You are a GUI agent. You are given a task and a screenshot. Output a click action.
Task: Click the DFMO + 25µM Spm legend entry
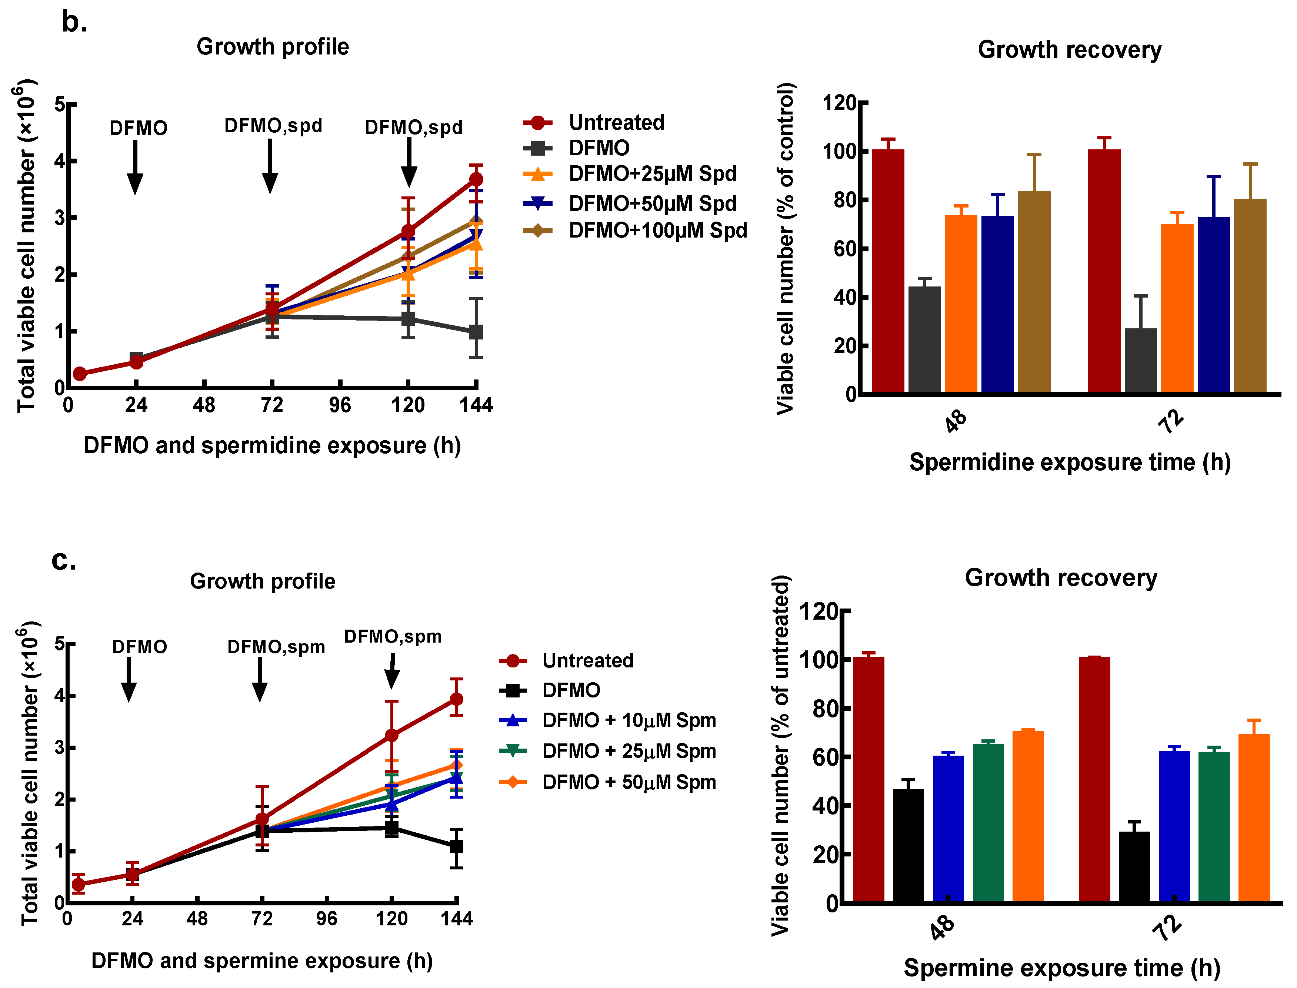click(x=607, y=751)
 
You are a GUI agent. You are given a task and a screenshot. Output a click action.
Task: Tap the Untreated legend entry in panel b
click(x=594, y=122)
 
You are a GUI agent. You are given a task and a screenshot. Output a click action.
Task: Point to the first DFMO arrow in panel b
click(x=135, y=167)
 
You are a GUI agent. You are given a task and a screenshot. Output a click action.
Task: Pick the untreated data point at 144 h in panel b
click(x=476, y=179)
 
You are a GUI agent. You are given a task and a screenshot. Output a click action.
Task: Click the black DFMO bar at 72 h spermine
click(x=1134, y=866)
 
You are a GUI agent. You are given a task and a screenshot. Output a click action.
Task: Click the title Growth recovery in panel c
click(x=1061, y=578)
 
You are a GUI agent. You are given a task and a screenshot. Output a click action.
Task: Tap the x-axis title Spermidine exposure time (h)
click(x=1070, y=462)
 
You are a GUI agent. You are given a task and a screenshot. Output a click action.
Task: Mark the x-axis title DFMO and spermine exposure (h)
click(x=262, y=961)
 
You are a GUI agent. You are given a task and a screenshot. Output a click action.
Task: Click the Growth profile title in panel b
click(x=273, y=46)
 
